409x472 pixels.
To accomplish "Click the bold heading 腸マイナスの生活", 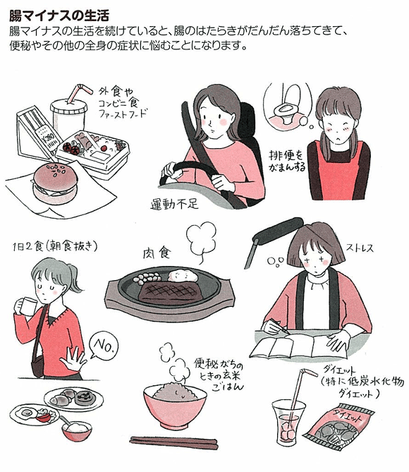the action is pyautogui.click(x=59, y=16).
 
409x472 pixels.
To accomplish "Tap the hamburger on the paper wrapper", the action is pyautogui.click(x=55, y=183).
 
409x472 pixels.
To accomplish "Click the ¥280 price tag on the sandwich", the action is pyautogui.click(x=46, y=138).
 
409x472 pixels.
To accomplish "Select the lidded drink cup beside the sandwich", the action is pyautogui.click(x=68, y=116).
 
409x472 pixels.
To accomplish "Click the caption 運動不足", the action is pyautogui.click(x=175, y=205).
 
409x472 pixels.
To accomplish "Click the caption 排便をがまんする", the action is pyautogui.click(x=287, y=161).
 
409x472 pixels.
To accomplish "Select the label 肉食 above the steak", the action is pyautogui.click(x=157, y=253).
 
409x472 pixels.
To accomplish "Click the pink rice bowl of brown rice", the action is pyautogui.click(x=175, y=406).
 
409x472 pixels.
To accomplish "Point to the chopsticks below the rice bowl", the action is pyautogui.click(x=173, y=443).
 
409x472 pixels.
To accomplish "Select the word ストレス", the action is pyautogui.click(x=360, y=248).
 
